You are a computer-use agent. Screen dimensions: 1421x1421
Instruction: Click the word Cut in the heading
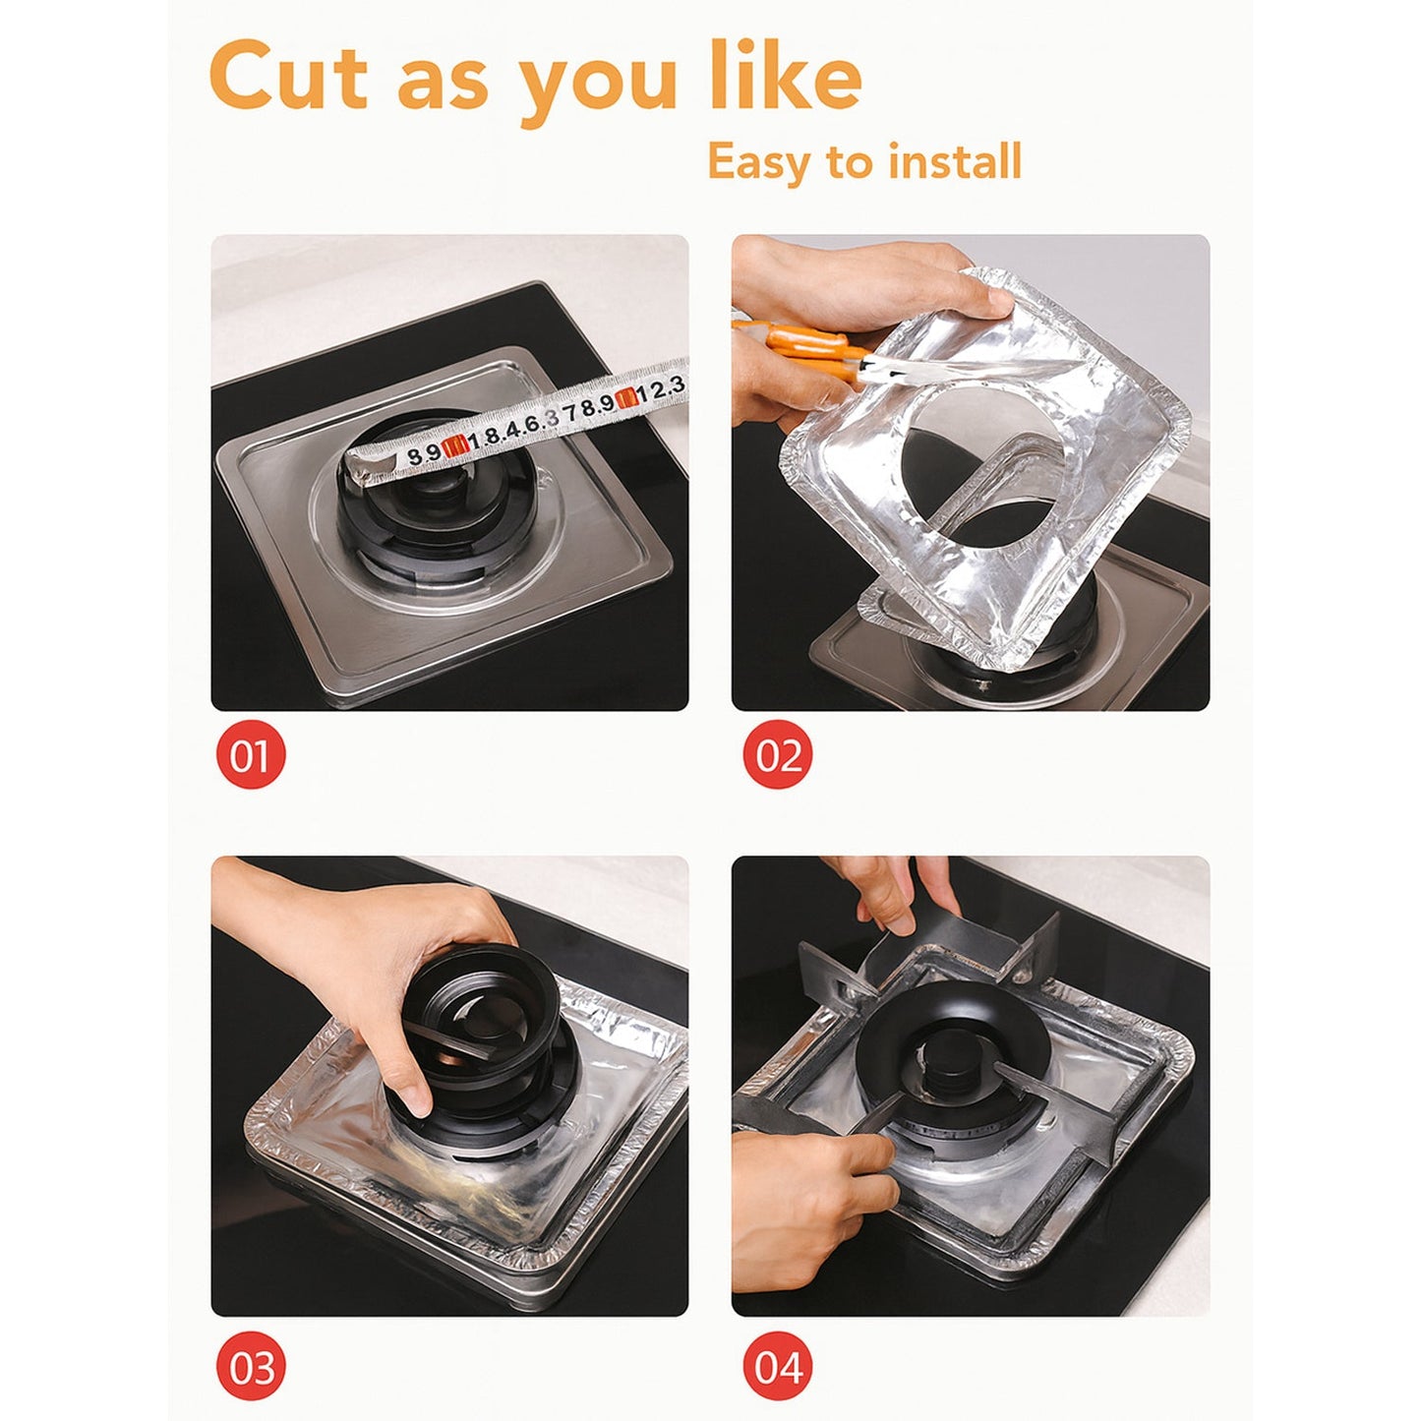click(x=289, y=78)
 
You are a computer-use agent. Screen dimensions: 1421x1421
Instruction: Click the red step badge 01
click(x=250, y=755)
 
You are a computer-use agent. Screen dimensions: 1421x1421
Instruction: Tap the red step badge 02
click(x=778, y=755)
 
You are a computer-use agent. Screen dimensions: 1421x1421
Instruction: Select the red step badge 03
click(x=250, y=1367)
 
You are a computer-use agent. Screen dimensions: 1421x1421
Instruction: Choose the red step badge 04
click(x=778, y=1367)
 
